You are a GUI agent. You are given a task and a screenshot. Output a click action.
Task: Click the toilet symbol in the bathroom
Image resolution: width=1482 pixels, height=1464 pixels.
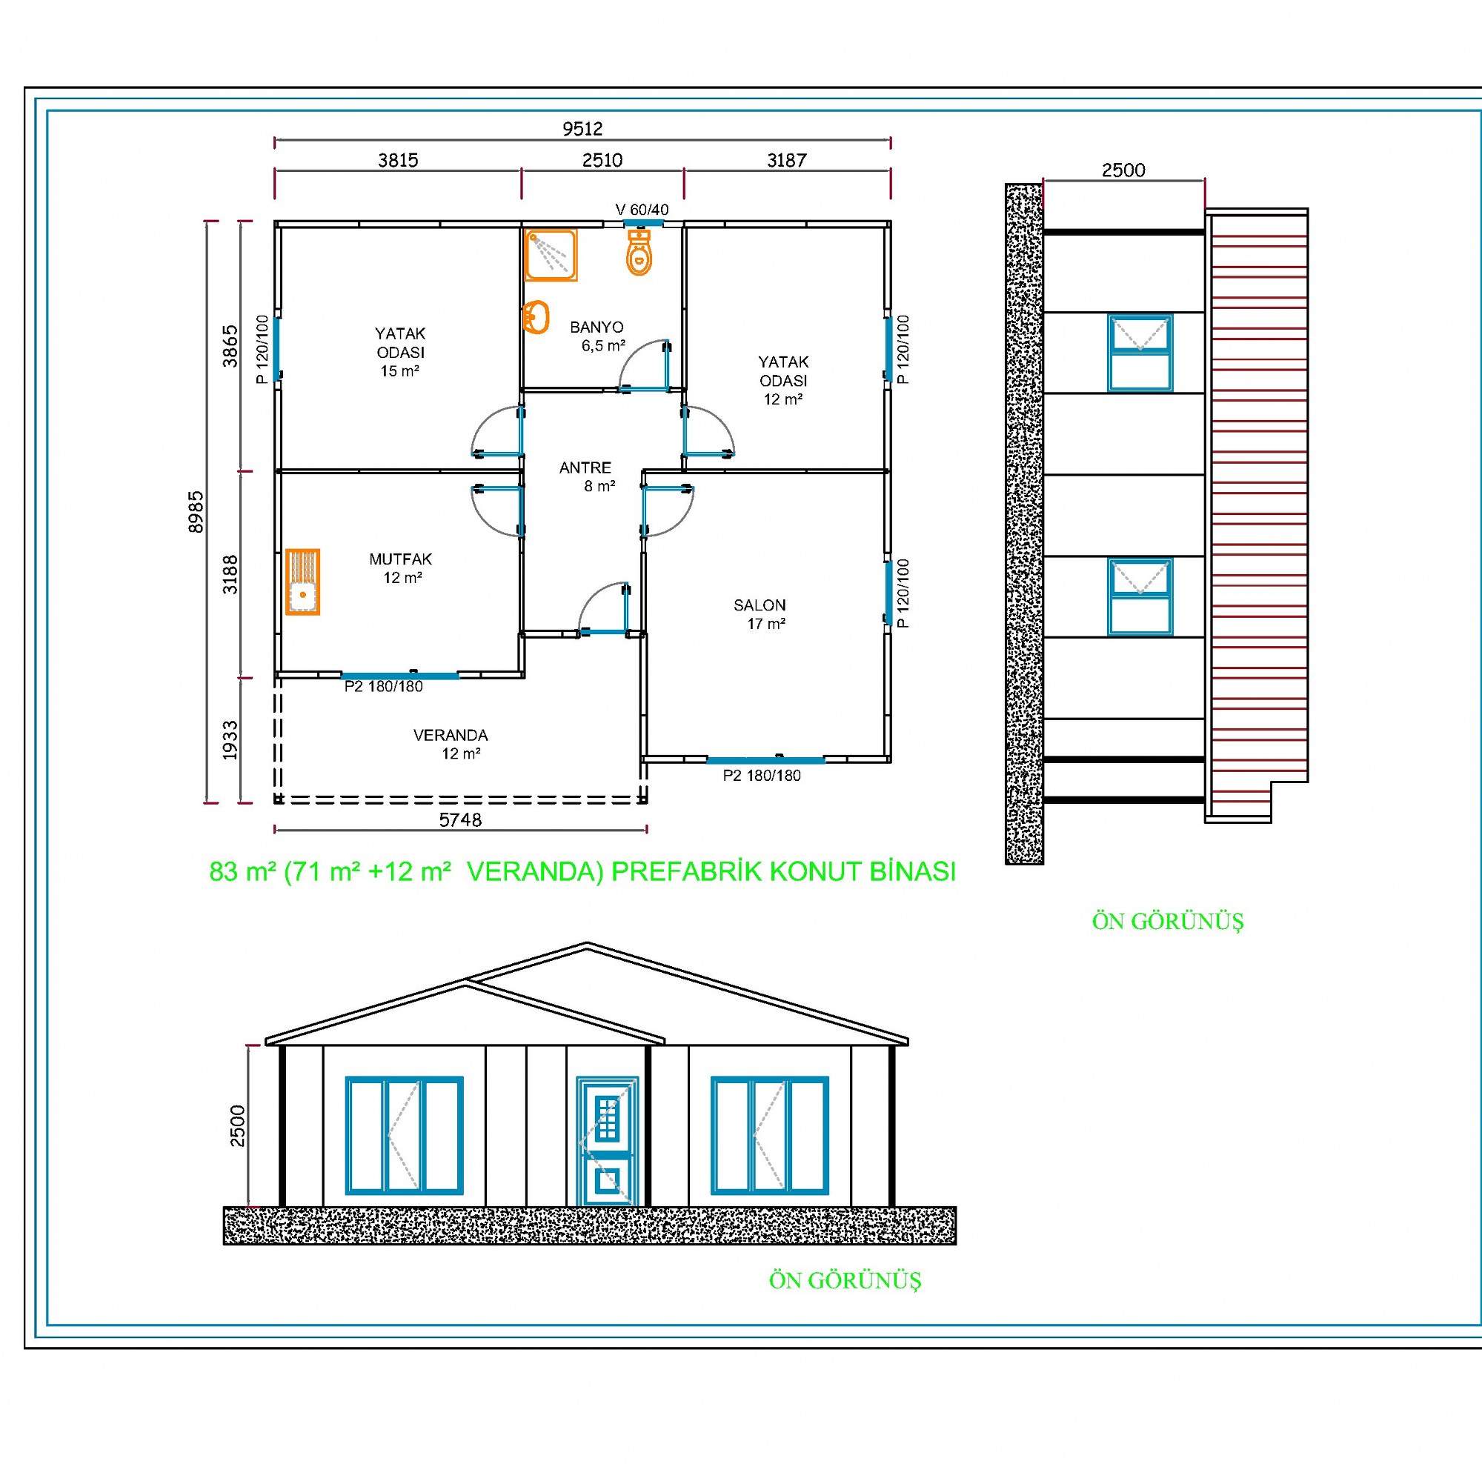(639, 252)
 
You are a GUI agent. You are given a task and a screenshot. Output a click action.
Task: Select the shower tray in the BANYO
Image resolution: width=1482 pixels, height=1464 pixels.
(551, 256)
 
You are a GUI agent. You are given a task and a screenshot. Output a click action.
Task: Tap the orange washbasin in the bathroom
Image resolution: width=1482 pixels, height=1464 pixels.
(536, 316)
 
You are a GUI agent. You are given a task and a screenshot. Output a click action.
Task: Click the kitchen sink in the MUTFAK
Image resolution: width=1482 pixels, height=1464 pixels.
(303, 582)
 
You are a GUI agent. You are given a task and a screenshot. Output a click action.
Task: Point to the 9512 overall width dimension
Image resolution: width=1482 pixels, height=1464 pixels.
(582, 129)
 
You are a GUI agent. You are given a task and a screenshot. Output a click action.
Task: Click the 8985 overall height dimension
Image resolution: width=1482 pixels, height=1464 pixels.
(196, 511)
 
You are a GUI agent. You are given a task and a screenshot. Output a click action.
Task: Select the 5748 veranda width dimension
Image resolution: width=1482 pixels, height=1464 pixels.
(460, 820)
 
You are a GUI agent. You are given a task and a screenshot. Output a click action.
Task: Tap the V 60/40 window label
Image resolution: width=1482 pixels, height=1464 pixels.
(642, 210)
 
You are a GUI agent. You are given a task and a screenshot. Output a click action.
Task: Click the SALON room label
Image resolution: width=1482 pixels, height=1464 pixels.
(760, 605)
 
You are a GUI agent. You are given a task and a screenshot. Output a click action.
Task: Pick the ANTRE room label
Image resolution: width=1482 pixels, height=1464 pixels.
(585, 468)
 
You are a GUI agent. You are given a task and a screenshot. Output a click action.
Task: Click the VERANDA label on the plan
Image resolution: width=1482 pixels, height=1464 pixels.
(451, 736)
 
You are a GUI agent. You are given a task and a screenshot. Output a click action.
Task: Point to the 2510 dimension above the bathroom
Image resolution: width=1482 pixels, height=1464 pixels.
(602, 160)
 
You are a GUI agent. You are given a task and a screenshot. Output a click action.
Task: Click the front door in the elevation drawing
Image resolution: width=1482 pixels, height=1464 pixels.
(607, 1141)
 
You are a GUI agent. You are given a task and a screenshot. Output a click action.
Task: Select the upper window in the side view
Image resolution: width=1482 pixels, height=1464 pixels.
(1140, 353)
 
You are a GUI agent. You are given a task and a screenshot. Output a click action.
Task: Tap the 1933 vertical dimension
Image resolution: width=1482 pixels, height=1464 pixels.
(230, 741)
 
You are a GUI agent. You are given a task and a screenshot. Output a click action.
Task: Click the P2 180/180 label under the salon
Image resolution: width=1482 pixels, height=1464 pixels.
(762, 775)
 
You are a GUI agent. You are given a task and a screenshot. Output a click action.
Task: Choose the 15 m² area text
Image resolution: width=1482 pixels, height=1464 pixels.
(399, 371)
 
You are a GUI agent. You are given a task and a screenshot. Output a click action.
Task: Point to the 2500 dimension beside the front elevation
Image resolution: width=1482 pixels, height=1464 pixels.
(238, 1126)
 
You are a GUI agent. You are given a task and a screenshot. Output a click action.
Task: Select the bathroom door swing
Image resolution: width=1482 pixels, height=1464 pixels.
(645, 366)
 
